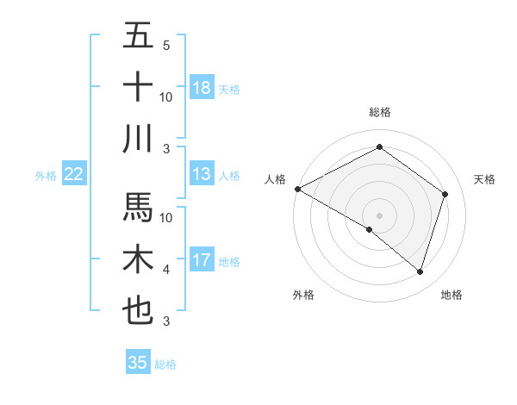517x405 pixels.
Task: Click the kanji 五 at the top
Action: (x=138, y=36)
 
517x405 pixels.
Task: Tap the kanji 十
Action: (x=138, y=87)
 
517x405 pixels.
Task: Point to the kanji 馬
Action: (x=138, y=207)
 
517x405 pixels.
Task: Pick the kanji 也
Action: (x=138, y=309)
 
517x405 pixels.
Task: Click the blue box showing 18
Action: (x=202, y=88)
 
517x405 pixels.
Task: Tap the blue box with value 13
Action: (x=202, y=174)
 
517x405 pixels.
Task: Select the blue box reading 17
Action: (x=202, y=260)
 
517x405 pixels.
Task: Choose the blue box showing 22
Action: (x=73, y=174)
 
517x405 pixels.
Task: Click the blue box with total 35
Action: (x=138, y=363)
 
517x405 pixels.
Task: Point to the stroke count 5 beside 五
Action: (x=166, y=45)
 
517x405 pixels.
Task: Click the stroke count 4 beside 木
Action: (x=166, y=270)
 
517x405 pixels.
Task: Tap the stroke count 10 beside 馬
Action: (x=166, y=217)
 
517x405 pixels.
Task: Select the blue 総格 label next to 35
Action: (x=166, y=364)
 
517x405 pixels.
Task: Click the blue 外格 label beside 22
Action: (x=46, y=176)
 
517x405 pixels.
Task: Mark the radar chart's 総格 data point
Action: (x=379, y=147)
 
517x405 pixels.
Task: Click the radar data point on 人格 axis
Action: (x=297, y=189)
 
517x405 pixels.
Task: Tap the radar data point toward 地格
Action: (x=420, y=271)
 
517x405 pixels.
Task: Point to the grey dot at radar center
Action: (x=379, y=214)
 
